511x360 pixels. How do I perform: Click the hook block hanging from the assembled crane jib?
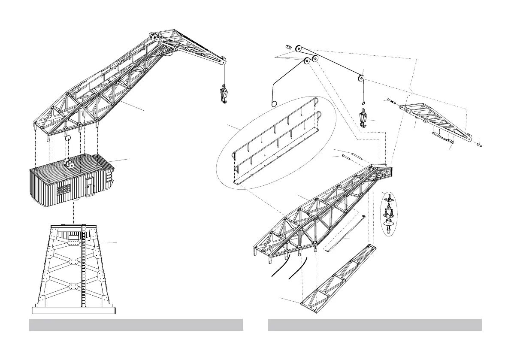[x=224, y=94]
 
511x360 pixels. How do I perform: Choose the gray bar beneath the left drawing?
[x=136, y=325]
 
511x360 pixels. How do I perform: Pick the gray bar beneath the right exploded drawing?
[x=375, y=325]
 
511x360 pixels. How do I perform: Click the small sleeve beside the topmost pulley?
[x=288, y=46]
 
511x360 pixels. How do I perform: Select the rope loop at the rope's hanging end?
[x=274, y=103]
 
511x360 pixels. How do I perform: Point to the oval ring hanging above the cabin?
[x=67, y=139]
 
